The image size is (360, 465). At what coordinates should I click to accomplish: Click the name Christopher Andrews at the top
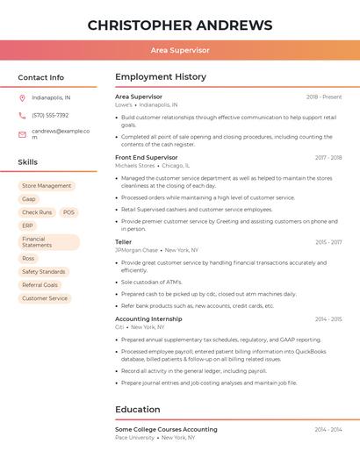point(180,25)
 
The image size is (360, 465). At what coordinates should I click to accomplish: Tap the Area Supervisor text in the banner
point(180,51)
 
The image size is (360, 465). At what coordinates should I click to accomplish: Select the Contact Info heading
point(41,77)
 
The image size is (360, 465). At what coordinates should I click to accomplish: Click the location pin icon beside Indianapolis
point(22,98)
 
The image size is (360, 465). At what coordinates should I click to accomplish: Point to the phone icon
point(22,115)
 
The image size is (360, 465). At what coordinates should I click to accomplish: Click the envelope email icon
point(22,134)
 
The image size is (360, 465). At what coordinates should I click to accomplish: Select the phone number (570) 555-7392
point(50,115)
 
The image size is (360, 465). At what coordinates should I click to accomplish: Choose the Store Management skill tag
point(47,186)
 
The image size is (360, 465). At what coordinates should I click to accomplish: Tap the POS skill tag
point(68,212)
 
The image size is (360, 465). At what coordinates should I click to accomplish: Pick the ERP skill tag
point(27,225)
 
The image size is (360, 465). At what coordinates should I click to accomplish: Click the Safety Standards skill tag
point(44,272)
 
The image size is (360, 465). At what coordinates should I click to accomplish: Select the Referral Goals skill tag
point(40,285)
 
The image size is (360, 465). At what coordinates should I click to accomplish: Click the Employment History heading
point(161,77)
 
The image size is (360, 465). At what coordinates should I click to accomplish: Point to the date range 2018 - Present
point(324,97)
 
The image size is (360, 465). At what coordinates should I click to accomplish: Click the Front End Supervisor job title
point(147,158)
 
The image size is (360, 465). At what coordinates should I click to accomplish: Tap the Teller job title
point(124,242)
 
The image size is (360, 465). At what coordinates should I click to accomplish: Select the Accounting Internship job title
point(148,319)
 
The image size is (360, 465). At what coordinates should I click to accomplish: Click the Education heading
point(138,410)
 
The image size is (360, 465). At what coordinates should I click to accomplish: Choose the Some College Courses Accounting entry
point(166,430)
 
